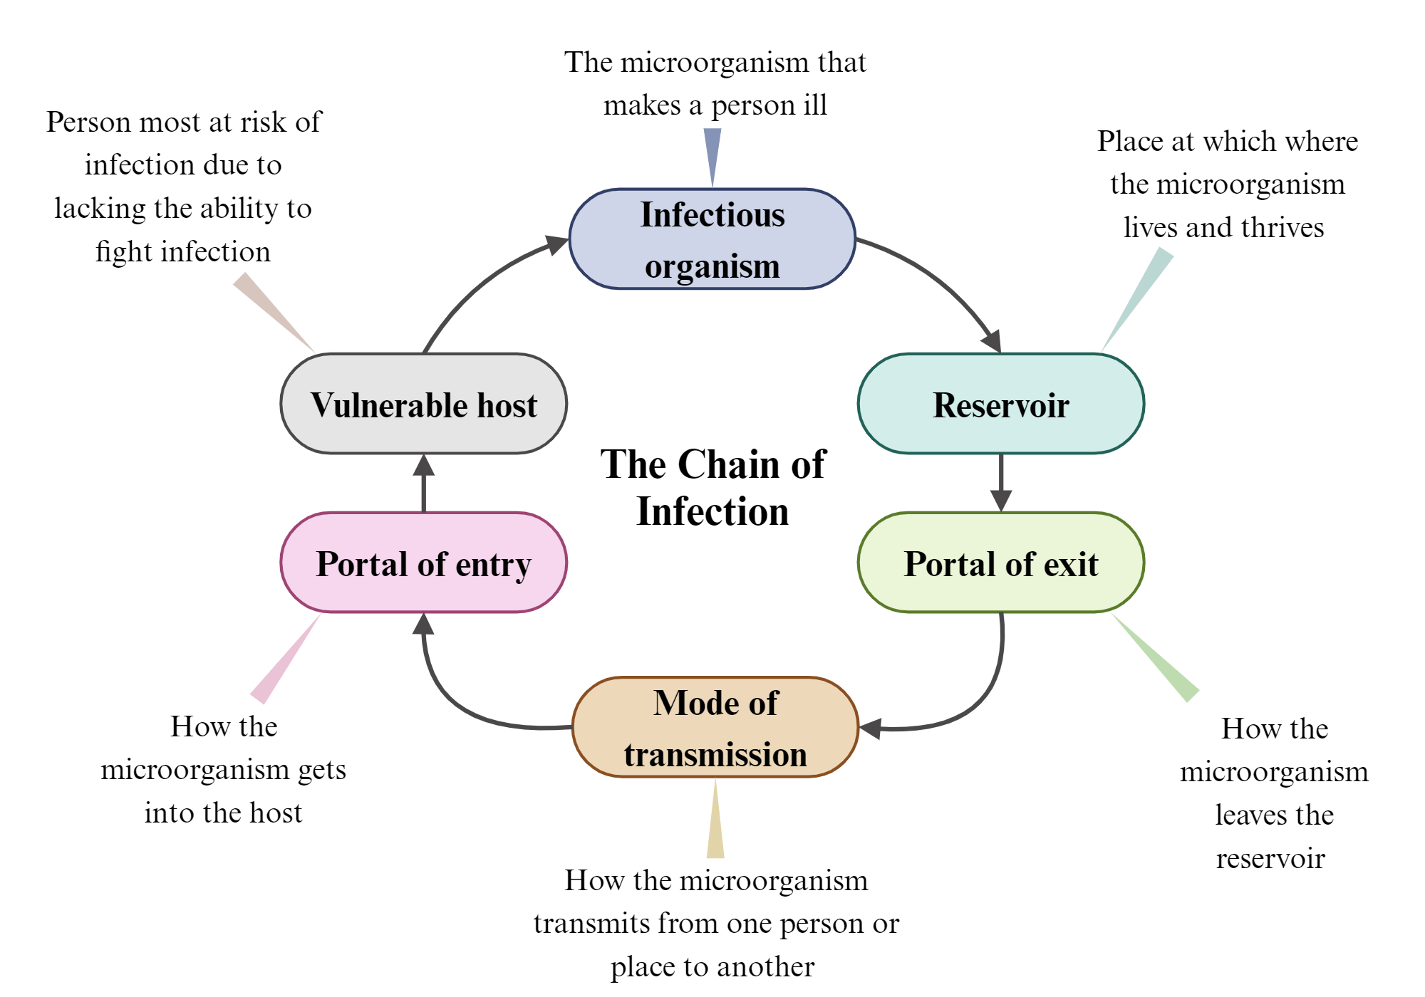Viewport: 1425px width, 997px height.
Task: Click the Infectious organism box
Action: click(x=712, y=239)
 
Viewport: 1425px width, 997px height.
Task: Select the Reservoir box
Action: click(x=1000, y=404)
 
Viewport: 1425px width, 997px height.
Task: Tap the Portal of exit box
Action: click(x=1000, y=563)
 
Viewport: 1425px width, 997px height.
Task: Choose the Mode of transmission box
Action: click(x=715, y=727)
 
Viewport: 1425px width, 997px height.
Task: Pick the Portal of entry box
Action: click(x=424, y=563)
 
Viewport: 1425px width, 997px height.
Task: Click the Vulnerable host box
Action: click(x=424, y=404)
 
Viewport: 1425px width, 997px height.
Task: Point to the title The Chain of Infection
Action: click(x=712, y=488)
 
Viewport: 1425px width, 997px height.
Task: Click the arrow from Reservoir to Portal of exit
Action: click(x=1001, y=481)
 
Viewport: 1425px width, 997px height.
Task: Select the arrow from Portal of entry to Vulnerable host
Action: click(x=424, y=484)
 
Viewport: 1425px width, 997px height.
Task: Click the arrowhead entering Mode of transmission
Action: click(x=871, y=728)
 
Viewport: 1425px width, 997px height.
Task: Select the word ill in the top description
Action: click(x=815, y=105)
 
